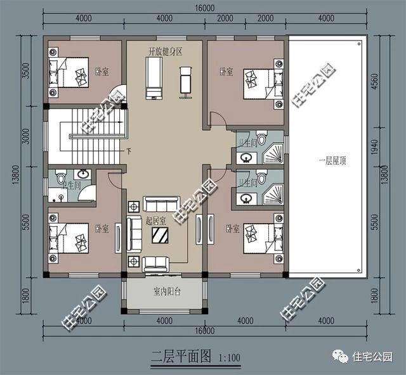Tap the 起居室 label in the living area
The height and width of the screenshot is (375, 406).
point(155,221)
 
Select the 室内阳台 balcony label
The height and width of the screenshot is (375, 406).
point(167,292)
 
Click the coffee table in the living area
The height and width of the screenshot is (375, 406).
point(160,236)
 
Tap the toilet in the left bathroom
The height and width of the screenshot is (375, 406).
point(60,177)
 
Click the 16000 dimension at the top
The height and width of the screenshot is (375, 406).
point(203,8)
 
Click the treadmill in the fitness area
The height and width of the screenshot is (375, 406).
point(154,77)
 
